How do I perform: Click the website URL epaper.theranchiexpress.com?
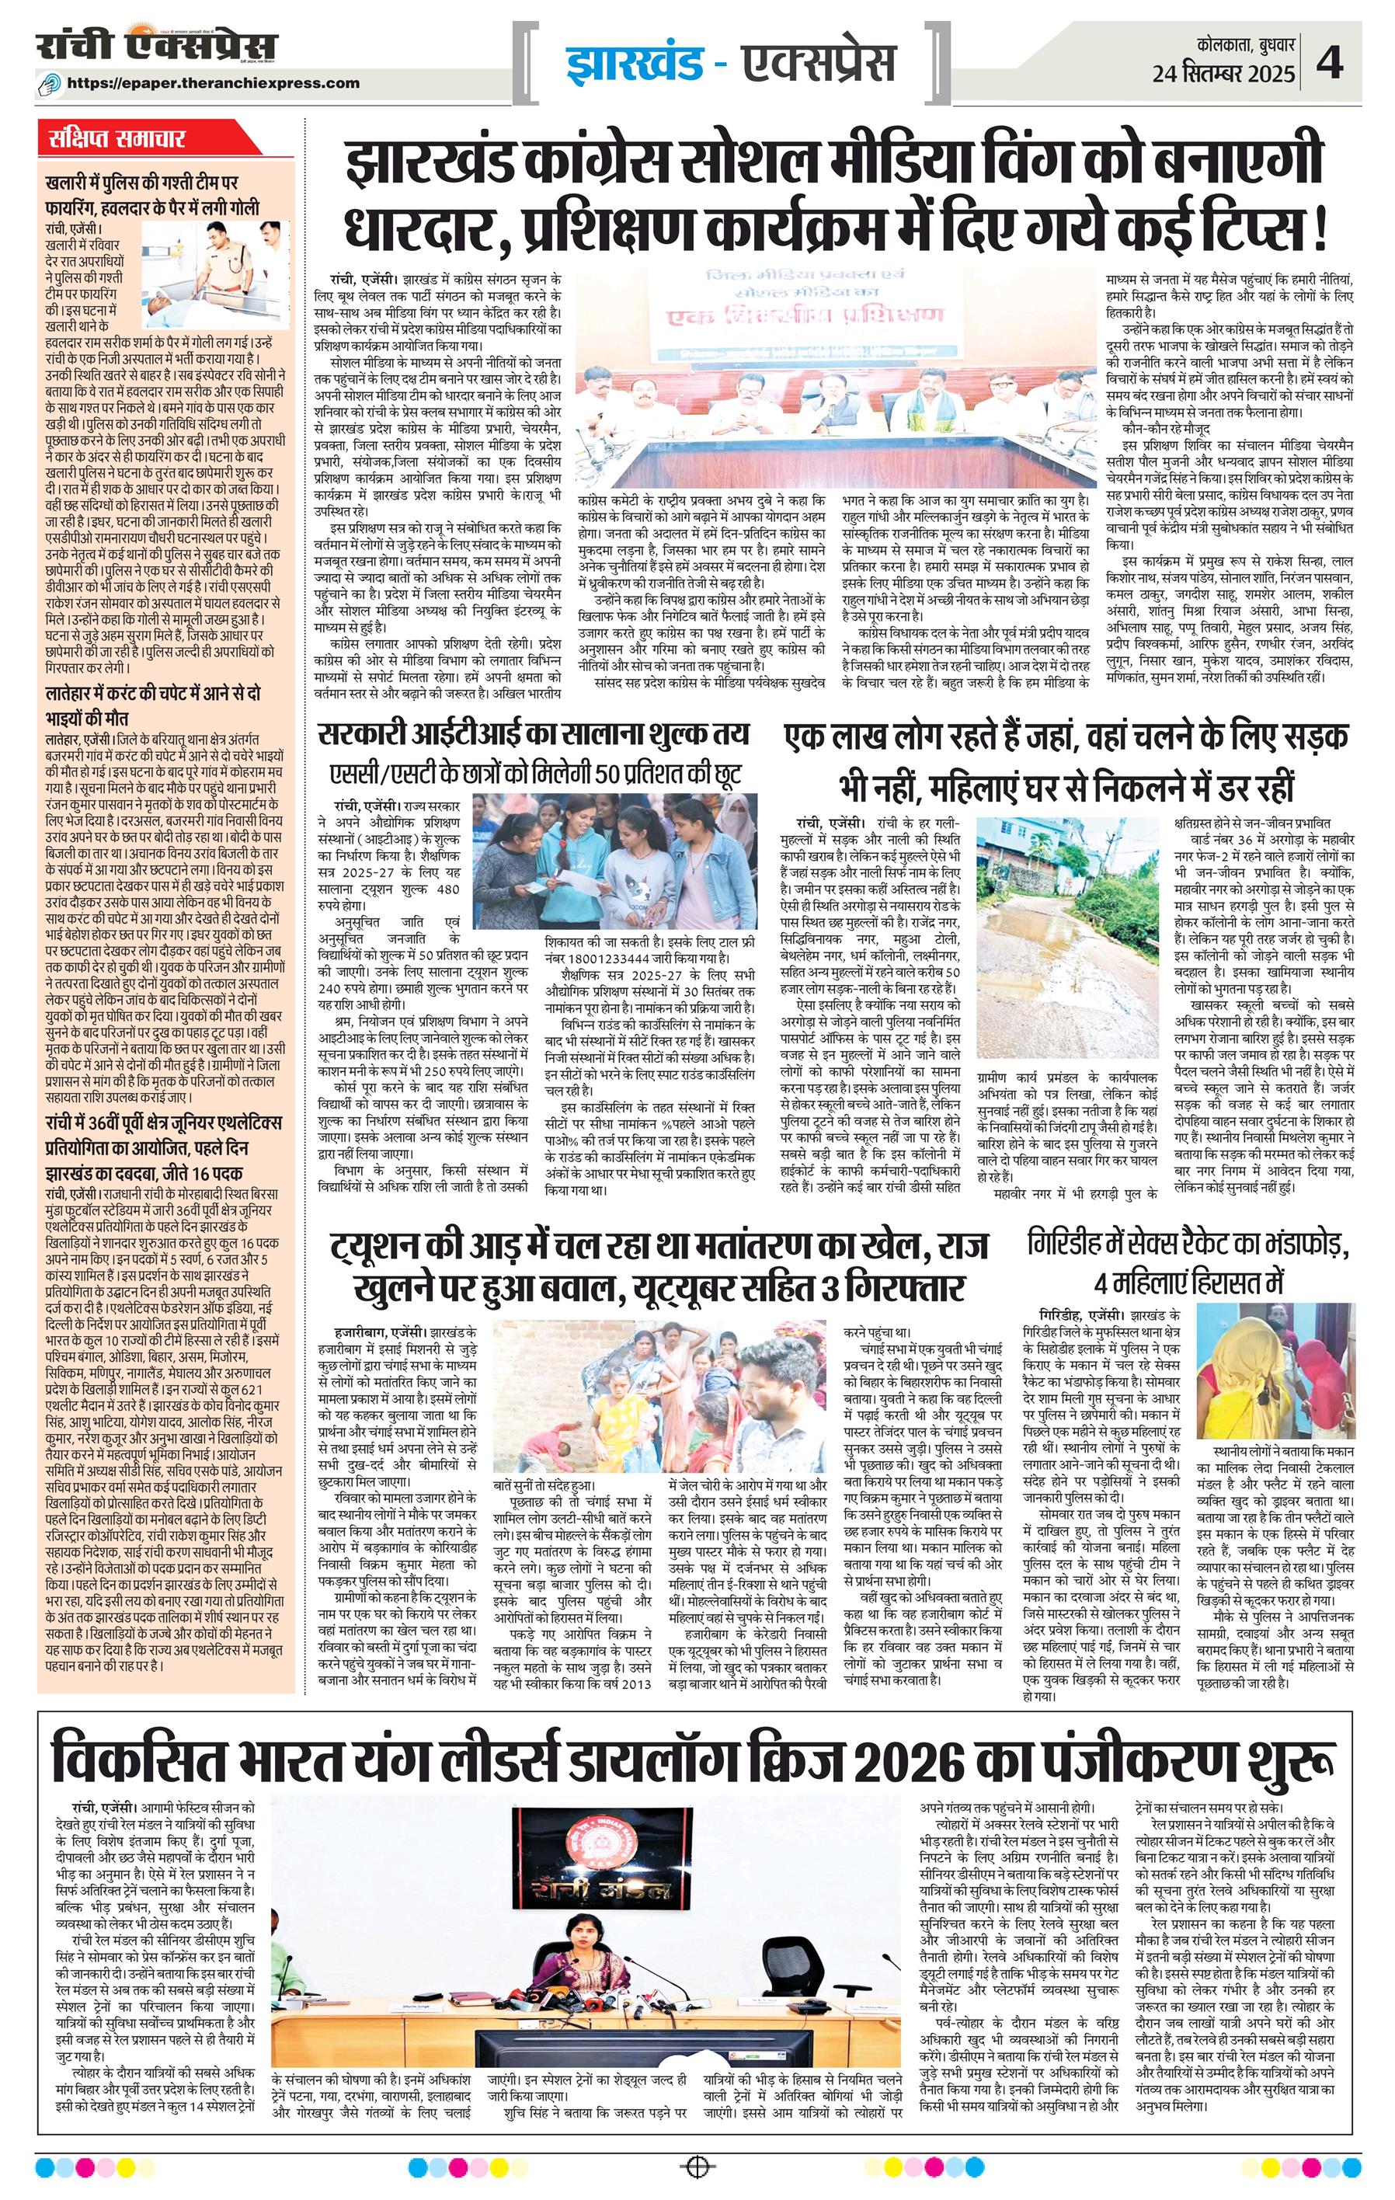224,82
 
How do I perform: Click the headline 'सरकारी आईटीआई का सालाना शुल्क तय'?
534,733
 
